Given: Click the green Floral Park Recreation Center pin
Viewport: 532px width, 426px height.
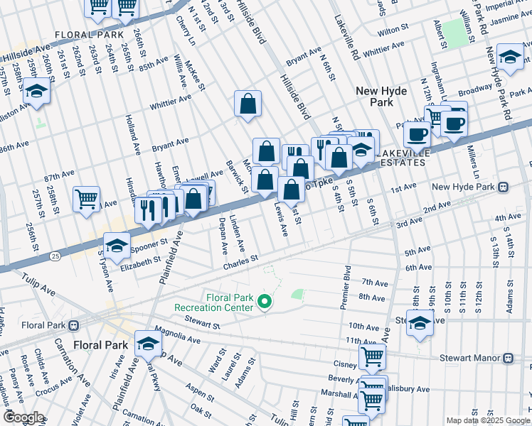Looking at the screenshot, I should [265, 303].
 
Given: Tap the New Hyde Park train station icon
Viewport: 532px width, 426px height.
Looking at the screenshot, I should [503, 187].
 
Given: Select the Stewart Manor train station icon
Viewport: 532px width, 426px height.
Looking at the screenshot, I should [508, 359].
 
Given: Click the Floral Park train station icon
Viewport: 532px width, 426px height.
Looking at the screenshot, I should [73, 326].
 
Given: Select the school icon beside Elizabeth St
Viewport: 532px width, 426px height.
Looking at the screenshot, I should [117, 246].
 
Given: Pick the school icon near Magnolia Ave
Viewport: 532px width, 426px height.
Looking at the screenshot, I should [148, 344].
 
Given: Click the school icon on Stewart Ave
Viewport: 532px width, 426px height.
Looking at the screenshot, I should [420, 322].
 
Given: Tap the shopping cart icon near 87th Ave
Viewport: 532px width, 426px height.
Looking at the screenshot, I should [87, 200].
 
